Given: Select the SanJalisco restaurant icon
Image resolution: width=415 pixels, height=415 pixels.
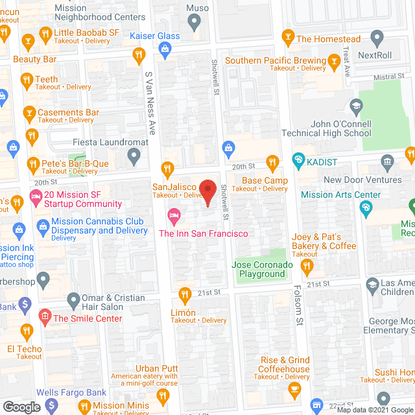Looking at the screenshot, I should [167, 169].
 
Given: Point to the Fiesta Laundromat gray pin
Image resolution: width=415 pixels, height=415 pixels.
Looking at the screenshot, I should [134, 156].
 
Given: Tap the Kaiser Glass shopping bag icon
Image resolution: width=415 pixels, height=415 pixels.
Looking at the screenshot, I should [165, 48].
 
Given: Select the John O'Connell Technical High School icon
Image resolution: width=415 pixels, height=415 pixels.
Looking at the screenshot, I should [355, 106].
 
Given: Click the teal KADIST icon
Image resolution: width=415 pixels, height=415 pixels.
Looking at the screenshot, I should [298, 159].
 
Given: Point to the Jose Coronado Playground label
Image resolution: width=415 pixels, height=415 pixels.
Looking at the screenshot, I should [259, 269].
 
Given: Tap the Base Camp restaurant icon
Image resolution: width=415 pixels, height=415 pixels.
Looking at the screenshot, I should [272, 163].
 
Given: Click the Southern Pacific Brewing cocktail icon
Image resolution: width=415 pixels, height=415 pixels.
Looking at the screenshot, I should [334, 62].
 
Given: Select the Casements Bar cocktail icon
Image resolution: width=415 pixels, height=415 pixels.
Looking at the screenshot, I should [29, 113].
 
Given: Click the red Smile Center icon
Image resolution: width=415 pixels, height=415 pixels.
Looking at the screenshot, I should [45, 317].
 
